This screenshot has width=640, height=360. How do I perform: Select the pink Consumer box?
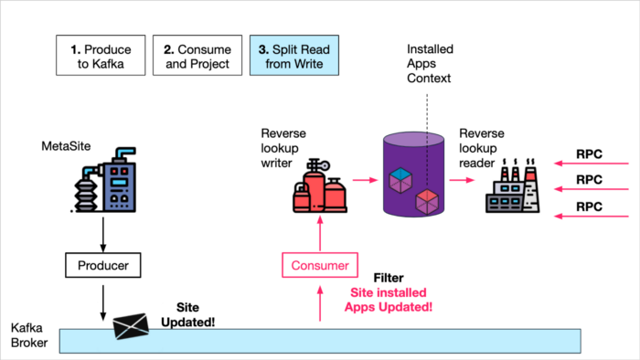pyautogui.click(x=320, y=266)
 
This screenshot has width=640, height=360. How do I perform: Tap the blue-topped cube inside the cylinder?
pyautogui.click(x=400, y=178)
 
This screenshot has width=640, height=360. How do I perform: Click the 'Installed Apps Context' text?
pyautogui.click(x=430, y=62)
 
